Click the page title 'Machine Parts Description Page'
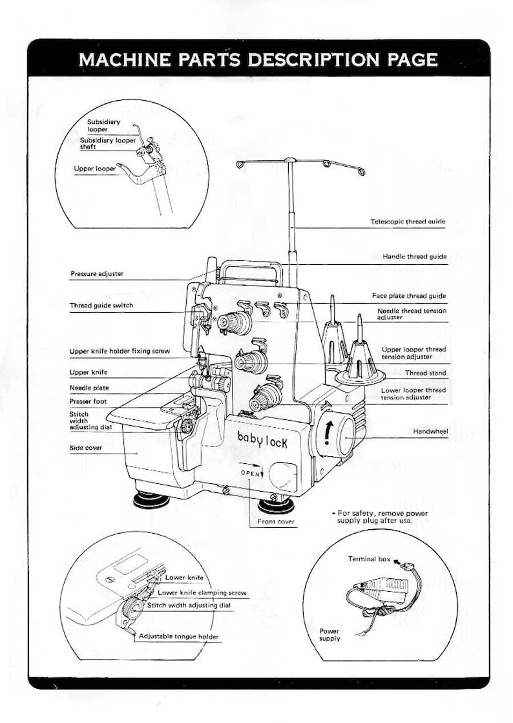click(x=258, y=60)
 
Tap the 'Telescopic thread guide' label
click(x=408, y=222)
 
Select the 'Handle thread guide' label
click(x=414, y=257)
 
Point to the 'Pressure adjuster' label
click(x=96, y=274)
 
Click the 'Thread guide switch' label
click(x=101, y=306)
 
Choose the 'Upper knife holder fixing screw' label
click(x=120, y=351)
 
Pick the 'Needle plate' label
click(x=89, y=388)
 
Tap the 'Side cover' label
click(x=86, y=447)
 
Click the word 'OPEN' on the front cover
click(x=251, y=473)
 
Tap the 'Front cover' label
click(x=276, y=521)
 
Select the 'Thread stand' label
click(x=425, y=373)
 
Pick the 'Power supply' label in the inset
click(x=330, y=634)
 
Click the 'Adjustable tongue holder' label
click(x=179, y=636)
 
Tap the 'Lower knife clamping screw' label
click(x=202, y=592)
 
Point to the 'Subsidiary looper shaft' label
click(x=108, y=143)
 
